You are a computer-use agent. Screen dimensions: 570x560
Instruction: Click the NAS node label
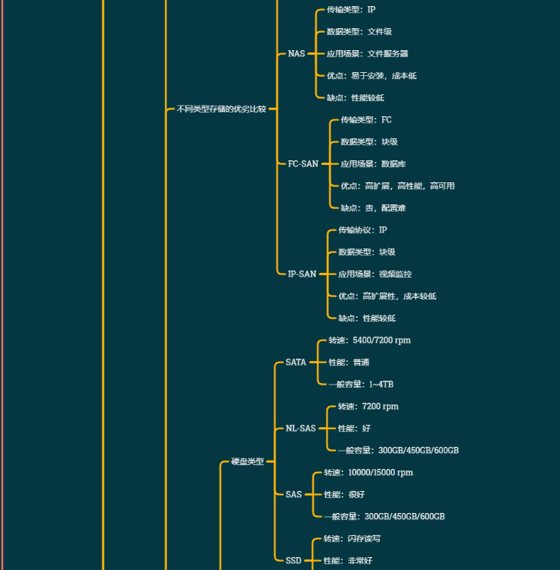(x=296, y=54)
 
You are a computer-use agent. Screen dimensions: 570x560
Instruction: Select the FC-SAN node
(x=303, y=164)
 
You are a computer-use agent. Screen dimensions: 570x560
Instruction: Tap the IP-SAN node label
(x=302, y=274)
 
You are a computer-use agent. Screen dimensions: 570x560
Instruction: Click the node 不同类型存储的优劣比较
(x=221, y=109)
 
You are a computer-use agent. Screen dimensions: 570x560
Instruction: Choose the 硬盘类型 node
(x=247, y=462)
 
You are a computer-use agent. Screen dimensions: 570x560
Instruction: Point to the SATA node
(x=296, y=363)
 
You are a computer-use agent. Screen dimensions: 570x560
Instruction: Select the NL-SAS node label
(x=300, y=429)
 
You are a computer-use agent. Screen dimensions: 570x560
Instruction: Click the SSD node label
(x=293, y=561)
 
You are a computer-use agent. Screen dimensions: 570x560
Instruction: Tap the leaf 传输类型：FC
(x=366, y=120)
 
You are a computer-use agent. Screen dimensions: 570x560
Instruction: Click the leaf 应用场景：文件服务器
(x=367, y=54)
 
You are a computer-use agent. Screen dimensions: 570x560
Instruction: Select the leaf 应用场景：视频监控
(x=375, y=274)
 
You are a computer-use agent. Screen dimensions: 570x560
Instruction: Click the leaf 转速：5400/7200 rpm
(x=369, y=340)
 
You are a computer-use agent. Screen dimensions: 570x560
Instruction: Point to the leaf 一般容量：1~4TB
(x=361, y=385)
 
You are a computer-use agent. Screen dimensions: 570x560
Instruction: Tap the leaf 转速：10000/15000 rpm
(x=369, y=473)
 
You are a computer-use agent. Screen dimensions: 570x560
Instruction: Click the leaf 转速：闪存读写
(x=352, y=539)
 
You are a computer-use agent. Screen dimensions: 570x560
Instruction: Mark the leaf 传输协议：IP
(x=362, y=230)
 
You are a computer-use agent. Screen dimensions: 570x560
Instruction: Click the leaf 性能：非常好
(x=348, y=561)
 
